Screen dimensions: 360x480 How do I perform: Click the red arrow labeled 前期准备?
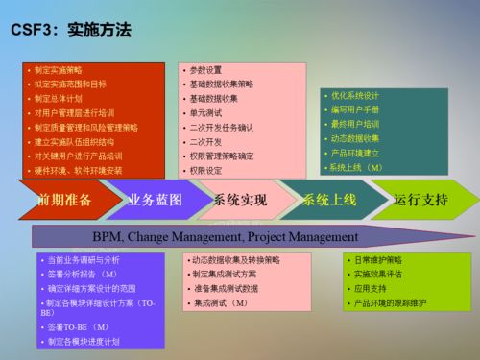point(65,200)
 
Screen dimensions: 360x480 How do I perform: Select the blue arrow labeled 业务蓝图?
point(155,200)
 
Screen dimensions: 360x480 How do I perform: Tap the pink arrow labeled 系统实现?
point(240,200)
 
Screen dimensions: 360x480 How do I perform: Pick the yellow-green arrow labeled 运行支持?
point(420,200)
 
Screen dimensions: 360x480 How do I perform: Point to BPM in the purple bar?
point(106,235)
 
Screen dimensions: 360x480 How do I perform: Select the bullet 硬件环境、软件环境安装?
point(79,170)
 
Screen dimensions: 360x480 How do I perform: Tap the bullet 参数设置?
point(205,70)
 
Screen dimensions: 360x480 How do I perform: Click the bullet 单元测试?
point(205,112)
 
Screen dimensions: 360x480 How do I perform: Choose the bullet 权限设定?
point(205,170)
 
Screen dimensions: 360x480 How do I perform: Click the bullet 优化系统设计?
point(354,95)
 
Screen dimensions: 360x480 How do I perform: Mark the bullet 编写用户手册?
point(354,109)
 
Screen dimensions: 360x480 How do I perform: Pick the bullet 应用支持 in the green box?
point(369,288)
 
